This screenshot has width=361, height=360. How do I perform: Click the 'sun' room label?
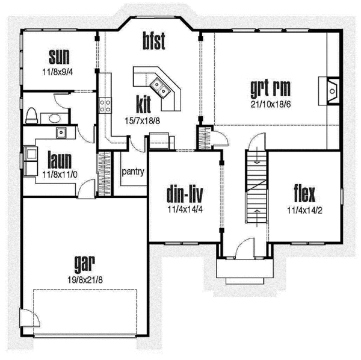[60, 57]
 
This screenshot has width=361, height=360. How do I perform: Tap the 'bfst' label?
[154, 42]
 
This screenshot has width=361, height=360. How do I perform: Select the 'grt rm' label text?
[270, 88]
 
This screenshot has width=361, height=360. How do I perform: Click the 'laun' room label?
[60, 160]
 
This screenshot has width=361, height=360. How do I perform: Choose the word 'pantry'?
[133, 172]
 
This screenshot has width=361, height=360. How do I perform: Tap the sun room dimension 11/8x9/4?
[60, 70]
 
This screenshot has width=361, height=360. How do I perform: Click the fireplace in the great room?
[332, 91]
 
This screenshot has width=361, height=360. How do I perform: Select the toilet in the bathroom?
[32, 115]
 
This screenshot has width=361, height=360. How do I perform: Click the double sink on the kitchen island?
[161, 88]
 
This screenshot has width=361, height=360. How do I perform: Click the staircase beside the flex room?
[256, 187]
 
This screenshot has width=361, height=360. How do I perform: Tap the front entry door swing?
[247, 249]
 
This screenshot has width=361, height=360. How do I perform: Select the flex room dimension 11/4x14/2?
[305, 210]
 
